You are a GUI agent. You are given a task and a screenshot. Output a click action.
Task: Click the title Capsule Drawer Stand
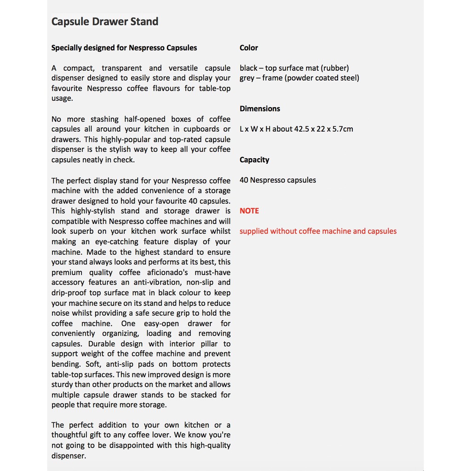[x=105, y=22]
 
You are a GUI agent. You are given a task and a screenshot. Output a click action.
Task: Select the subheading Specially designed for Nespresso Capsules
[x=124, y=48]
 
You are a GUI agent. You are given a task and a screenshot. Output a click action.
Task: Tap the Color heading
[x=249, y=48]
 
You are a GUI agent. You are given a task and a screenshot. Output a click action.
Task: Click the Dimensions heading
[x=260, y=109]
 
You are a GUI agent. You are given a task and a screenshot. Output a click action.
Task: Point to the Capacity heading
[x=254, y=160]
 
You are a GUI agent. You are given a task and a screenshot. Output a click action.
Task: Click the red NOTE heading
[x=249, y=211]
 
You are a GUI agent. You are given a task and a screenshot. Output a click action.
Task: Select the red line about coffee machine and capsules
[x=318, y=231]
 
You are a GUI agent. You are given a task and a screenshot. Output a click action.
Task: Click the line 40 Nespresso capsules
[x=278, y=180]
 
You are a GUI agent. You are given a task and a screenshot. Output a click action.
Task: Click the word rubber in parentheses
[x=335, y=68]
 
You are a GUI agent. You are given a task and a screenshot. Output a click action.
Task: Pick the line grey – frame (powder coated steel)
[x=299, y=78]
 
